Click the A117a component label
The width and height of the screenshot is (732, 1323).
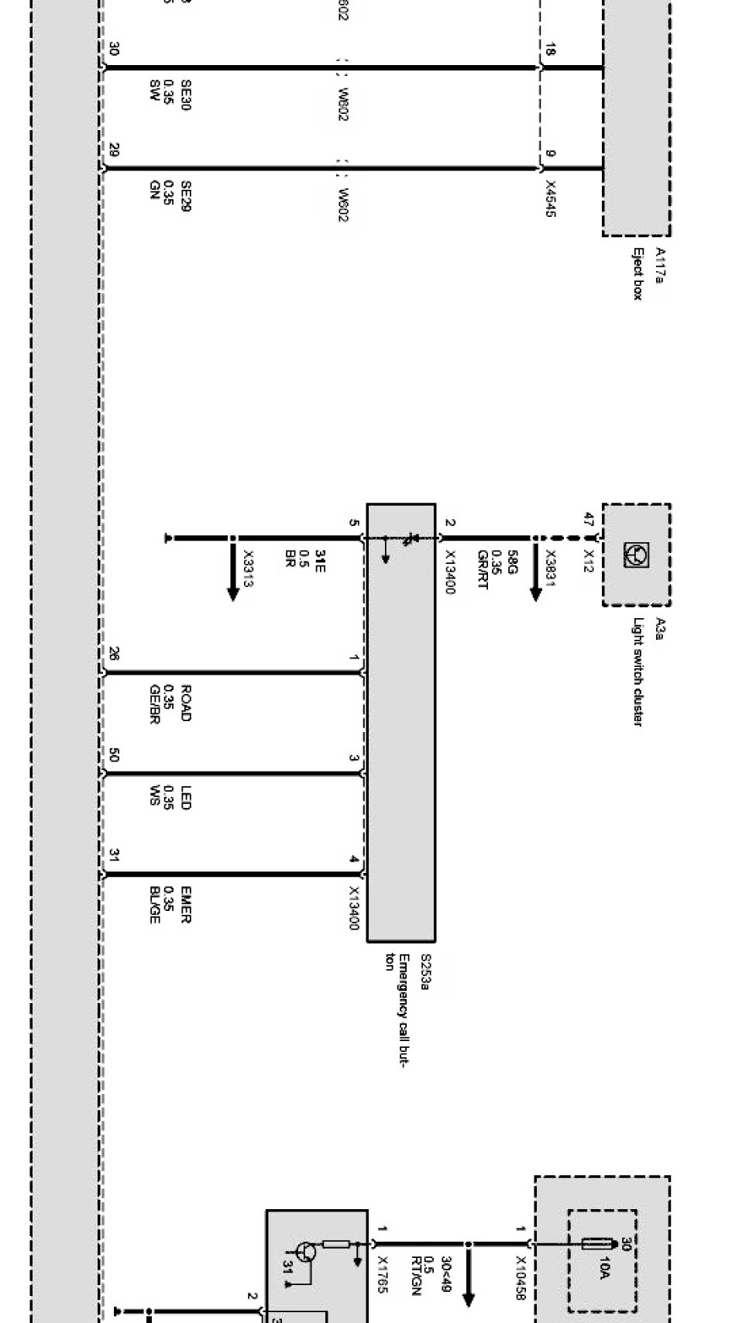tap(660, 266)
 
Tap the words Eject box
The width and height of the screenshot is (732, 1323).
tap(638, 273)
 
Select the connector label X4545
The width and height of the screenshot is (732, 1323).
tap(551, 199)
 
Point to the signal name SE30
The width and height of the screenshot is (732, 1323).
tap(186, 95)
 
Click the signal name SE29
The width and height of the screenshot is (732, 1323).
tap(186, 197)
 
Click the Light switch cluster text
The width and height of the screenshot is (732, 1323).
tap(638, 672)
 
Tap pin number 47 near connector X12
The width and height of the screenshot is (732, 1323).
tap(589, 520)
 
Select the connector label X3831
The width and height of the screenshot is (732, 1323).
tap(551, 567)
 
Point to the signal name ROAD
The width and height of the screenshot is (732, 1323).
tap(186, 703)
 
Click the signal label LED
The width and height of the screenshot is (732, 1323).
tap(186, 798)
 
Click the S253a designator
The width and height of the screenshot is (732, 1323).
tap(425, 971)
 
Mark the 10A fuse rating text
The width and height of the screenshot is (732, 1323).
tap(604, 1268)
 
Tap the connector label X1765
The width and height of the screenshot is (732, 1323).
tap(382, 1274)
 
